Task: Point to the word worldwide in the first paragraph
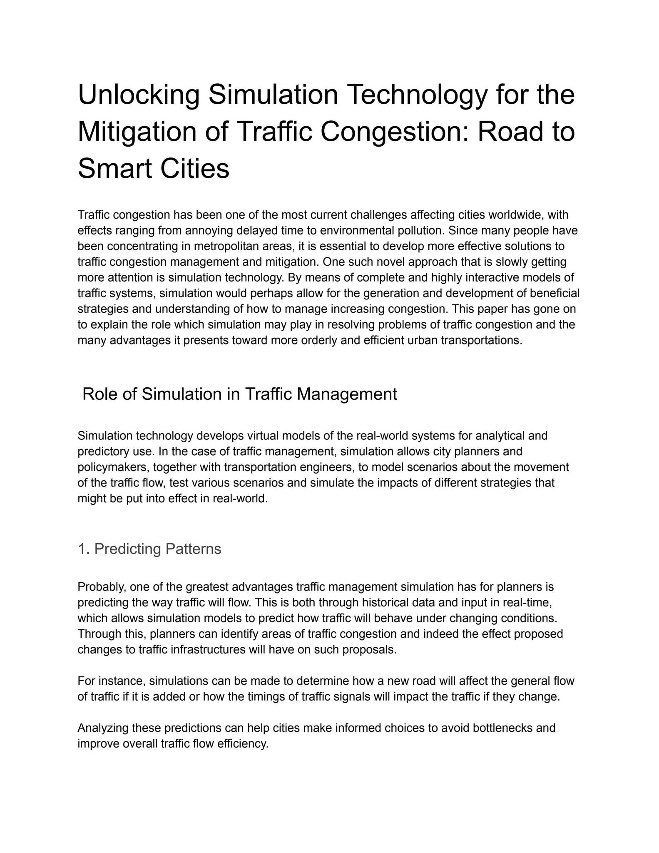pos(515,215)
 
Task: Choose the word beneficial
pos(555,293)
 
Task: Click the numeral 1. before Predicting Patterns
pos(84,549)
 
